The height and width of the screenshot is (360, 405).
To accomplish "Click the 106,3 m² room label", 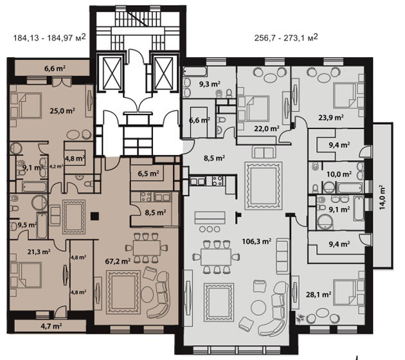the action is [x=256, y=242].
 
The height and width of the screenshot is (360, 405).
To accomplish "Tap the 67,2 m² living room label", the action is [x=118, y=262].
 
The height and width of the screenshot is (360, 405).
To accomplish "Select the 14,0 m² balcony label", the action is [x=382, y=197].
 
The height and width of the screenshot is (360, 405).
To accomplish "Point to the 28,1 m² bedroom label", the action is [x=318, y=294].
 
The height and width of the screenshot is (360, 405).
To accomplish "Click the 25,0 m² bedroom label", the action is [x=62, y=111].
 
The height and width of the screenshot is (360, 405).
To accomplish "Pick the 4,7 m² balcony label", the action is [x=51, y=326].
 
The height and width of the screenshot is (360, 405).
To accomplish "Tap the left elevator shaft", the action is [x=112, y=73].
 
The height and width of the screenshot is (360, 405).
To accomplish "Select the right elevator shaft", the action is [x=163, y=73].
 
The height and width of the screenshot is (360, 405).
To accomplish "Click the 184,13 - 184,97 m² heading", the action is [x=50, y=38].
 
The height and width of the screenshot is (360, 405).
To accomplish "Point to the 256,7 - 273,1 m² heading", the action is [x=286, y=38].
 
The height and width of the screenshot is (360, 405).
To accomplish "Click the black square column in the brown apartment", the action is [x=94, y=216].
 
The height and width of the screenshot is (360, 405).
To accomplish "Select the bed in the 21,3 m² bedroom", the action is [x=29, y=275].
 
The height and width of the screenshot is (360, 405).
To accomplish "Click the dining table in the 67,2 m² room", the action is [x=147, y=248].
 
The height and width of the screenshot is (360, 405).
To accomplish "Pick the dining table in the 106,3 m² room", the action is [x=216, y=256].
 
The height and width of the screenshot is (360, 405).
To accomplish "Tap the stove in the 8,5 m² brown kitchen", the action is [x=146, y=197].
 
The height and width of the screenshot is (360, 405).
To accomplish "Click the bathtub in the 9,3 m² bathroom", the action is [x=195, y=71].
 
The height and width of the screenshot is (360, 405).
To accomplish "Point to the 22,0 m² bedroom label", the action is [x=267, y=129].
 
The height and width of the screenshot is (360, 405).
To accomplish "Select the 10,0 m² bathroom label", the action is [x=339, y=174].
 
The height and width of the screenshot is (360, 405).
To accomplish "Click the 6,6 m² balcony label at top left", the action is [x=55, y=69].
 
